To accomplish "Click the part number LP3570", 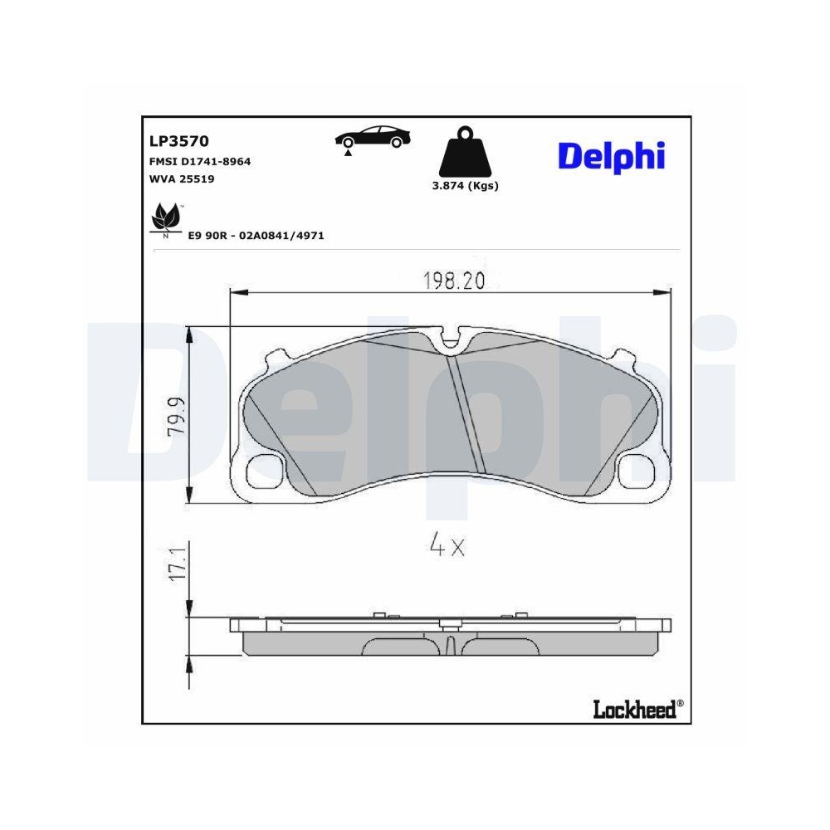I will tap(178, 142).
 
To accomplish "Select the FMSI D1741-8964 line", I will tap(199, 162).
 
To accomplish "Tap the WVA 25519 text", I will tap(182, 178).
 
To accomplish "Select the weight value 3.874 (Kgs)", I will tap(465, 186).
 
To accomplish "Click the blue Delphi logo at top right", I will tap(611, 154).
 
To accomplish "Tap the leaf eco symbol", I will tap(165, 218).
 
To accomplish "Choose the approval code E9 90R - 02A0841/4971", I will tap(256, 236).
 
